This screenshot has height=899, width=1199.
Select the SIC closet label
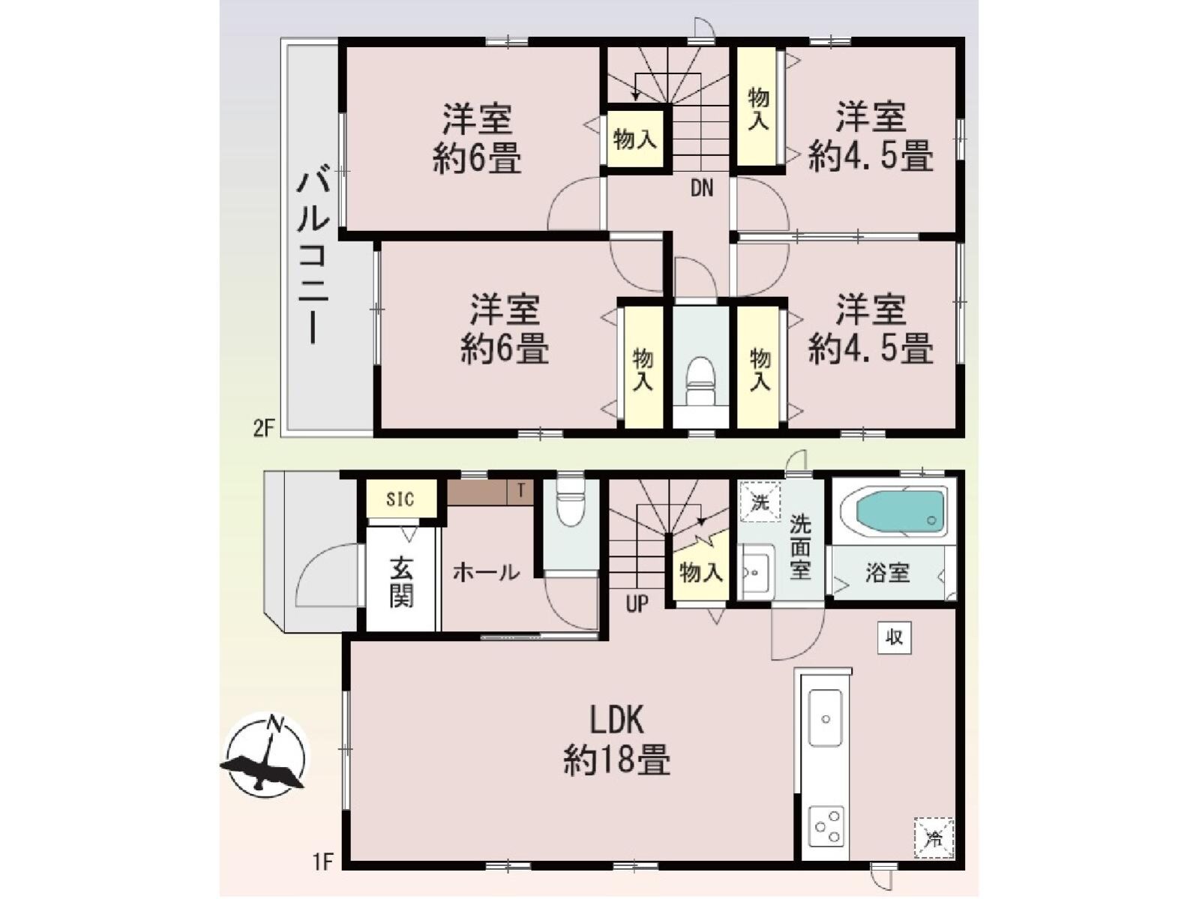400,499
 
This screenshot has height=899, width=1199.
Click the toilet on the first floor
571,503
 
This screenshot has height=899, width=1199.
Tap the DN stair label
702,188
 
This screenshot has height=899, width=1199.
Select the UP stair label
637,604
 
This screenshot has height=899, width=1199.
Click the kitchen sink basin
825,718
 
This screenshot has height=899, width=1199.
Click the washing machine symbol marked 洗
760,502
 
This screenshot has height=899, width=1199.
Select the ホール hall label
486,573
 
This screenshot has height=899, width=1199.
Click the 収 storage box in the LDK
895,637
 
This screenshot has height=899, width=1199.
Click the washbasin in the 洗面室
755,572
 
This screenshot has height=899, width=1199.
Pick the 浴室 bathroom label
887,573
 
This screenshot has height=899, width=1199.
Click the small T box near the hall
521,491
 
